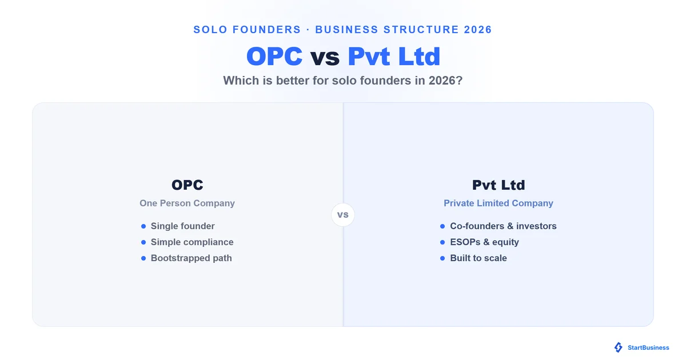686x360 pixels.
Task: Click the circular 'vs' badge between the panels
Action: [x=342, y=215]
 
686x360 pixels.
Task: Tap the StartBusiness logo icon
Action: [x=619, y=347]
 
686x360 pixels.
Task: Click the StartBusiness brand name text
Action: [x=648, y=348]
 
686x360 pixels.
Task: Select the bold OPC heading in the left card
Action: [x=187, y=185]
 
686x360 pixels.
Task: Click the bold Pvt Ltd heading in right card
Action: [x=498, y=185]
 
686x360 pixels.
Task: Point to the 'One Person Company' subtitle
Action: [x=187, y=203]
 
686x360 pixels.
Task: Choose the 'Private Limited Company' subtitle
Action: [x=498, y=203]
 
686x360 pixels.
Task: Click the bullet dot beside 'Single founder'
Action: [x=143, y=226]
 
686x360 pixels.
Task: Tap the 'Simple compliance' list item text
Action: [x=192, y=242]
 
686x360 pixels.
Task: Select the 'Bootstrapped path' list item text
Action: [x=191, y=258]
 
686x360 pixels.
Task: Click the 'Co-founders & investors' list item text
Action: [x=503, y=226]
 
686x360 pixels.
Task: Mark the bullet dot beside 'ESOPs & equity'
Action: [x=442, y=242]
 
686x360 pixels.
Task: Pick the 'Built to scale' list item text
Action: [x=478, y=258]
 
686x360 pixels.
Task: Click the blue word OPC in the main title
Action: [x=274, y=57]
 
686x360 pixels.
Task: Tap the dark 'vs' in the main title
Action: [x=325, y=57]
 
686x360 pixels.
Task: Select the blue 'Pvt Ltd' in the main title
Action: [x=394, y=57]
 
